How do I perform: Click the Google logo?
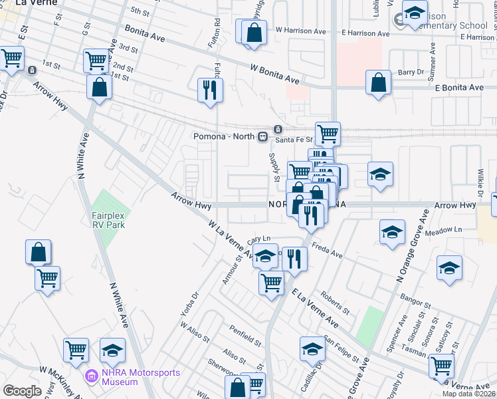22,391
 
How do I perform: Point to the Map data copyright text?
469,394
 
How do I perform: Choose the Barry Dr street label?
411,72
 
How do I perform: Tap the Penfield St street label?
245,336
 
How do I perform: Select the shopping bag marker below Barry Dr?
378,83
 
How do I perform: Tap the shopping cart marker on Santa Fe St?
328,134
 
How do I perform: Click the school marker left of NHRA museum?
113,350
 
